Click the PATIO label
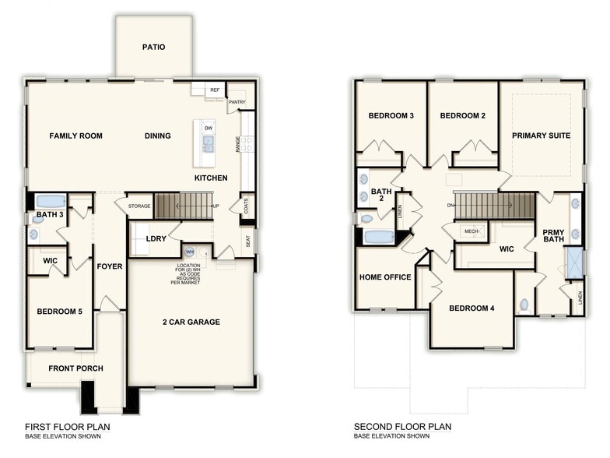tap(153, 47)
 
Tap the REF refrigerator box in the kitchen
tap(215, 90)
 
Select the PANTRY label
tap(237, 102)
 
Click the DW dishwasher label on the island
tap(208, 128)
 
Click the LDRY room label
tap(156, 238)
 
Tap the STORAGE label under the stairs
tap(139, 206)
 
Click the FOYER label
tap(110, 266)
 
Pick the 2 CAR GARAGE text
tap(191, 322)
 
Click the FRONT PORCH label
tap(75, 368)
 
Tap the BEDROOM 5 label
tap(59, 312)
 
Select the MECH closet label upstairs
tap(472, 231)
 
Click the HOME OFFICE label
tap(385, 277)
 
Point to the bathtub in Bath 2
tap(379, 237)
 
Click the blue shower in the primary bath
tap(575, 262)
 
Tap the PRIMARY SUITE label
tap(541, 136)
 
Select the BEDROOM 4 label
tap(472, 308)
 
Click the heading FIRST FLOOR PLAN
tap(68, 427)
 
